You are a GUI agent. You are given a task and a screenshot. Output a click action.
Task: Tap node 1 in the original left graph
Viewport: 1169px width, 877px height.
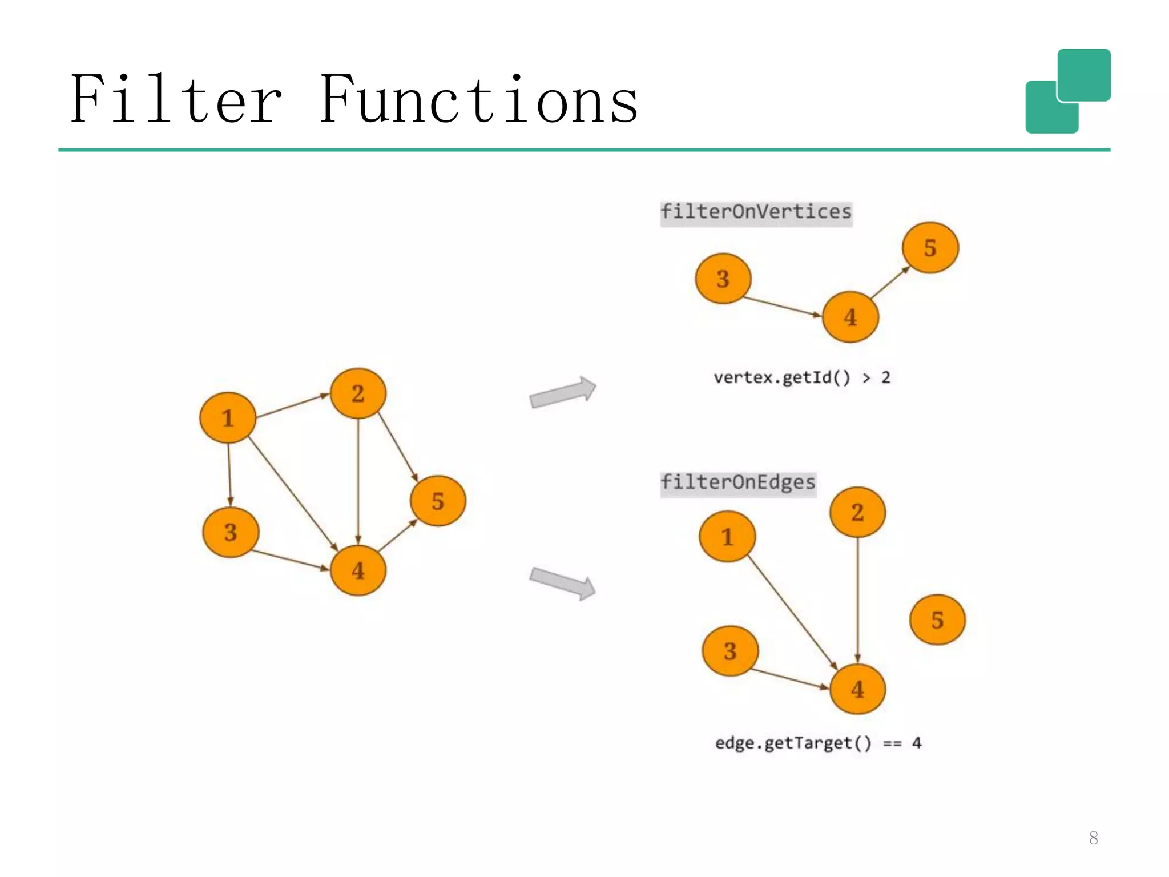(228, 417)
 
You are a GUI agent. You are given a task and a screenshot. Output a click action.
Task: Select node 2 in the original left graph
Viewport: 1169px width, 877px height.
(358, 393)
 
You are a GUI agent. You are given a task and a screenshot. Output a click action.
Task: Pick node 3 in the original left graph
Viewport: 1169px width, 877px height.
(231, 532)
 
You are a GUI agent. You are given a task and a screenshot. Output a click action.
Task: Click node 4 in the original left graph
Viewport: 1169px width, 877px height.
(358, 570)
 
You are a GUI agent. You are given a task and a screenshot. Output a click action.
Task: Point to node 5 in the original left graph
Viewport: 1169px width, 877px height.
(438, 501)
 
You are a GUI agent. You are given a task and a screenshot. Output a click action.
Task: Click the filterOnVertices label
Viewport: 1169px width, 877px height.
(756, 212)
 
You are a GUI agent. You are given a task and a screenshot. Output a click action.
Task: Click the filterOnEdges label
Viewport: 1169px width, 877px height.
(737, 483)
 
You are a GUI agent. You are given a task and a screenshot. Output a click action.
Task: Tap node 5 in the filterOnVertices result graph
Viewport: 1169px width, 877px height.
(930, 248)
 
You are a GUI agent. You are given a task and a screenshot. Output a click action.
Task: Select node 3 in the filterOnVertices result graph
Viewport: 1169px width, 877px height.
(723, 279)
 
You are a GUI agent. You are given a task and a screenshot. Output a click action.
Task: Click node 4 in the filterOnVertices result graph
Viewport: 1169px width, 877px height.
(850, 317)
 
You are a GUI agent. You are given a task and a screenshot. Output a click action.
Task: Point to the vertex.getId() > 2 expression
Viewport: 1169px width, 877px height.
(801, 377)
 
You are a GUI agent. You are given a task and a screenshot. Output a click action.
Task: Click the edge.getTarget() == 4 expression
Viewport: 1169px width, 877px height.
(818, 743)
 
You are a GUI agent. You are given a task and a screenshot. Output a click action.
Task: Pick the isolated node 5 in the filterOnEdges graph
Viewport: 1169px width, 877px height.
(937, 619)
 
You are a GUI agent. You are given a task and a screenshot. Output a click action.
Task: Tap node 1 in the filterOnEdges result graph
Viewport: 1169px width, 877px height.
(727, 537)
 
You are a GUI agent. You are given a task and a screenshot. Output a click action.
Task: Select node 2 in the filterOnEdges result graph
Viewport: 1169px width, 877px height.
(857, 512)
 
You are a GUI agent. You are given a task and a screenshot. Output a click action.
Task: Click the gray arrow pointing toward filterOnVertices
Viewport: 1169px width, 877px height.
(562, 392)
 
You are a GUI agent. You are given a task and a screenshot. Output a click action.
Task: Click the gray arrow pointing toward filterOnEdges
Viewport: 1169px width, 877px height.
(562, 583)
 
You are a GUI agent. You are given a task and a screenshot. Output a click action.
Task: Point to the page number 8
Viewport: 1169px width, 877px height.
(1093, 838)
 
